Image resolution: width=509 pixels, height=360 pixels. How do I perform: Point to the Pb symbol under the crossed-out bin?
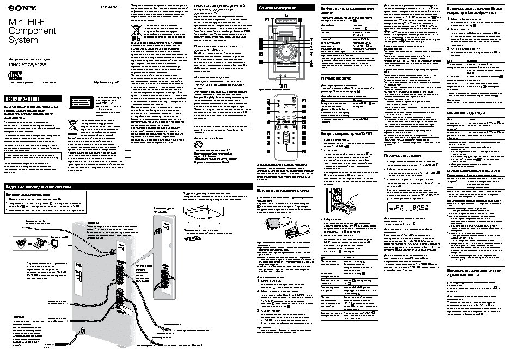[138, 40]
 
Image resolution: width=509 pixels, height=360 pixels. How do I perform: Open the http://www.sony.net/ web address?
[106, 82]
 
